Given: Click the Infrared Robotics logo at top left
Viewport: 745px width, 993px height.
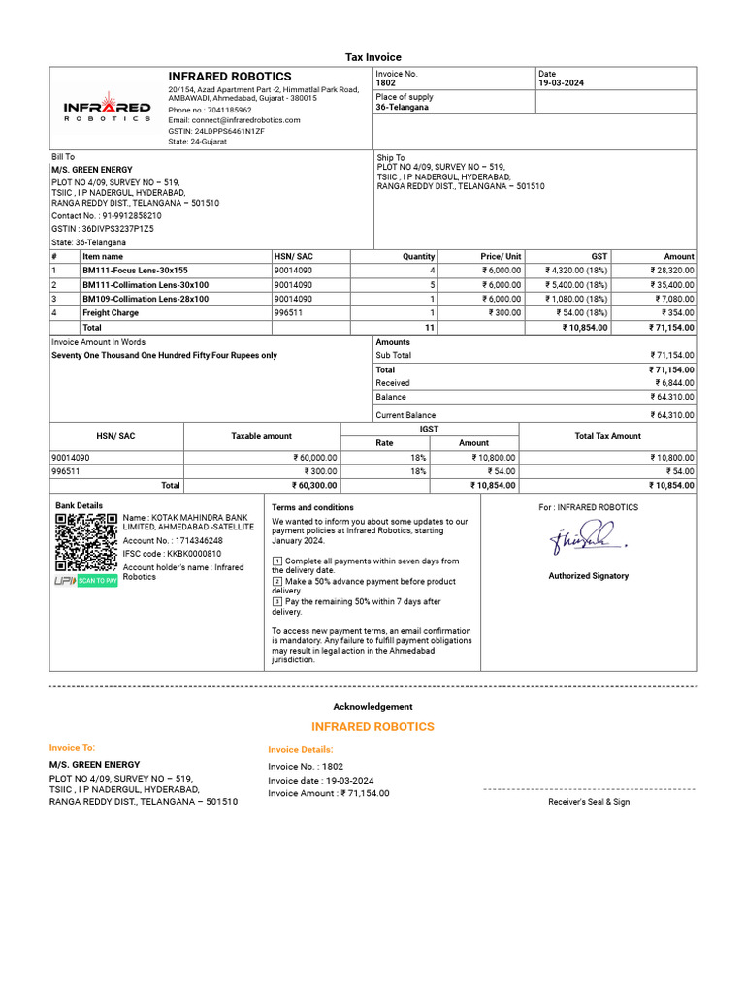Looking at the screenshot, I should [107, 107].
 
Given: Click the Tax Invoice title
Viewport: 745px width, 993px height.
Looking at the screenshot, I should [373, 57].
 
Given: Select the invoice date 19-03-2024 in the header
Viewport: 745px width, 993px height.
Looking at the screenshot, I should [564, 83].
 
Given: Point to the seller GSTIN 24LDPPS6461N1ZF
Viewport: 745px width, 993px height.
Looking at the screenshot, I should [229, 130].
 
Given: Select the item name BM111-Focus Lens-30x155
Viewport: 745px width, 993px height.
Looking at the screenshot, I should [135, 271].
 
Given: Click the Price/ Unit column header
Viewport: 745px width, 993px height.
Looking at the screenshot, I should [501, 257].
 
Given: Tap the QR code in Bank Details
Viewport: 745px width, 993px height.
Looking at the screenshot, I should [86, 542].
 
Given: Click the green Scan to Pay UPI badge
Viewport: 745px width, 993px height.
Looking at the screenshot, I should [97, 581].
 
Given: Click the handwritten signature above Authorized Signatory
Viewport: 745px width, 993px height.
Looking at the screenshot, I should [586, 539].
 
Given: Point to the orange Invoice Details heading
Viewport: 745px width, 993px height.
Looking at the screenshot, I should [301, 750].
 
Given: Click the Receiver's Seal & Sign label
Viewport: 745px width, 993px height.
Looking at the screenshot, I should [588, 802].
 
